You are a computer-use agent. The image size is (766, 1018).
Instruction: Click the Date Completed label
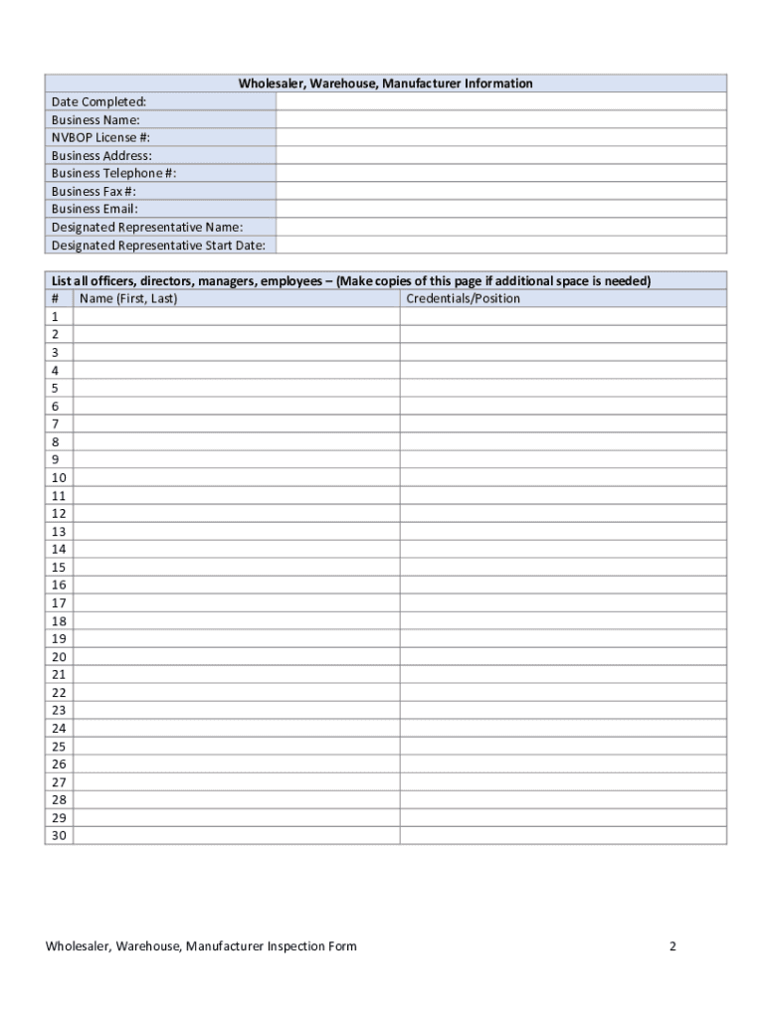[98, 101]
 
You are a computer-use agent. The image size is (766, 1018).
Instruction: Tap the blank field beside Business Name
[500, 119]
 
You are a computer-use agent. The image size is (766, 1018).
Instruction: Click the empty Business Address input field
[500, 155]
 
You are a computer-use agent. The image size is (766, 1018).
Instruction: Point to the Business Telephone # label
[113, 173]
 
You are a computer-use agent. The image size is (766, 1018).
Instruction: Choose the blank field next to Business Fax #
[500, 191]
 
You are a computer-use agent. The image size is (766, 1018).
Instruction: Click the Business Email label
[95, 209]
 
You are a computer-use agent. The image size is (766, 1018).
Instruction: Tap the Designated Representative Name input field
[500, 227]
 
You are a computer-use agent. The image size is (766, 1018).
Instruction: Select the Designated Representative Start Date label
[158, 245]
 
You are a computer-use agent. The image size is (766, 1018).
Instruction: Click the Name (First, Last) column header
[128, 298]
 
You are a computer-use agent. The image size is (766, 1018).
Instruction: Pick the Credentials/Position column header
[463, 298]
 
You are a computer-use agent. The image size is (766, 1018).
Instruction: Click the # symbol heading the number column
[56, 298]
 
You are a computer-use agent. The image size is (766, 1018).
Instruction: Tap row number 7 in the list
[56, 424]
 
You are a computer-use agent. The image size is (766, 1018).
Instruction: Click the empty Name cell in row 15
[237, 567]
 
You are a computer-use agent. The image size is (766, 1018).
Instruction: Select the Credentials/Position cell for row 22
[563, 692]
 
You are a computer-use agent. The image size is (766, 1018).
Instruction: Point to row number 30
[59, 835]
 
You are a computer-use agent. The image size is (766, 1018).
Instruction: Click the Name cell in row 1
[237, 316]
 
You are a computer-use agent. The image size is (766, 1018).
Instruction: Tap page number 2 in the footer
[672, 946]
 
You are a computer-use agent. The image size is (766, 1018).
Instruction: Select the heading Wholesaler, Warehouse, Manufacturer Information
[385, 84]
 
